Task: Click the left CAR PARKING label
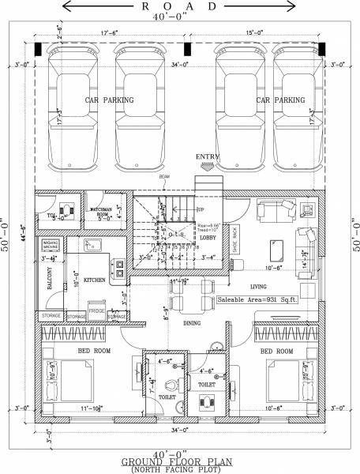point(110,100)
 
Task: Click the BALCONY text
point(48,280)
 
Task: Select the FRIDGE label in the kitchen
point(97,311)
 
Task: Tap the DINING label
point(191,323)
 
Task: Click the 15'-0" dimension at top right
point(254,33)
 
